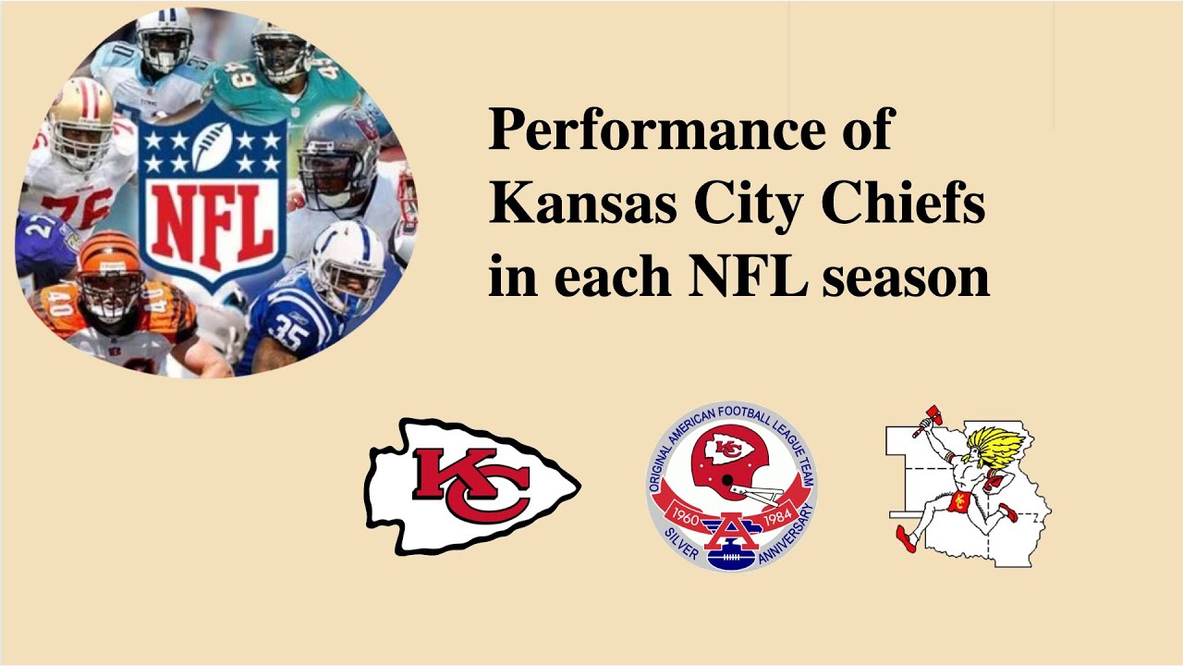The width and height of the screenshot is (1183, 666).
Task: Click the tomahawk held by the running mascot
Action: click(x=927, y=418)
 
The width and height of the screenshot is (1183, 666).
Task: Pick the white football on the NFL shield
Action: click(x=213, y=148)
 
